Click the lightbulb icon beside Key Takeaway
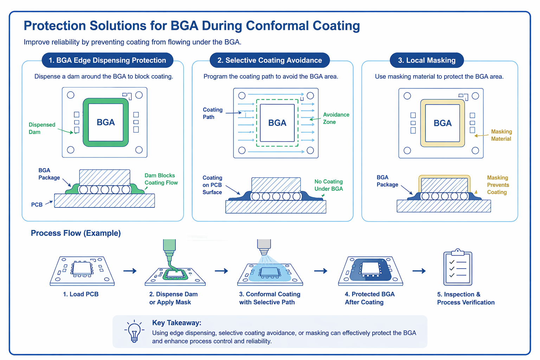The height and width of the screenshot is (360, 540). pyautogui.click(x=134, y=331)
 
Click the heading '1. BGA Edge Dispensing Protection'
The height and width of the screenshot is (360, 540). pyautogui.click(x=107, y=60)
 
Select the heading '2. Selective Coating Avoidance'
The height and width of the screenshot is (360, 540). pyautogui.click(x=270, y=60)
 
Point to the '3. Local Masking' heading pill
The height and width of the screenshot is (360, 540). pyautogui.click(x=426, y=60)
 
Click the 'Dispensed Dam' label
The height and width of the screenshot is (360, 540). pyautogui.click(x=42, y=128)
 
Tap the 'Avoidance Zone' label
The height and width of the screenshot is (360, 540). pyautogui.click(x=336, y=118)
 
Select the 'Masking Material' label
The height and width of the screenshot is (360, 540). pyautogui.click(x=501, y=135)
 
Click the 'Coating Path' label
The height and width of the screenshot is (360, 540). pyautogui.click(x=212, y=113)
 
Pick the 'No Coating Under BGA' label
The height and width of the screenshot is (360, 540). pyautogui.click(x=328, y=185)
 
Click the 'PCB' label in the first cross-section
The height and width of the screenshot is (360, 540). pyautogui.click(x=37, y=205)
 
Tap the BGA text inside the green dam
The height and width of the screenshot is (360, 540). pyautogui.click(x=106, y=122)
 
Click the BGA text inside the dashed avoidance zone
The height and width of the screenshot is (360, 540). pyautogui.click(x=277, y=123)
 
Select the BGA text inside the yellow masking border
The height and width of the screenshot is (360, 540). pyautogui.click(x=442, y=123)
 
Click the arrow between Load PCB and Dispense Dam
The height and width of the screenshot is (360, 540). pyautogui.click(x=130, y=271)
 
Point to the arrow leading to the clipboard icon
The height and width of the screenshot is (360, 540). pyautogui.click(x=419, y=271)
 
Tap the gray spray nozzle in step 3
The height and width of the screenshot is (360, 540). pyautogui.click(x=264, y=246)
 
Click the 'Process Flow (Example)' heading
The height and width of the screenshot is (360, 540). pyautogui.click(x=76, y=233)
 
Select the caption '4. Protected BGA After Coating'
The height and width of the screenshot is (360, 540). pyautogui.click(x=369, y=298)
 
